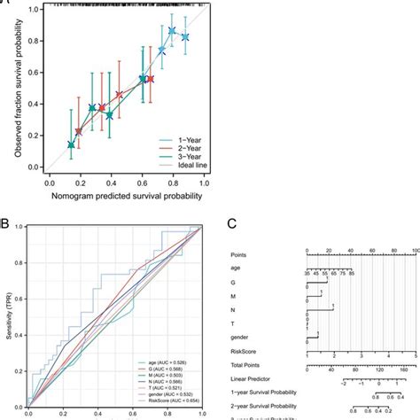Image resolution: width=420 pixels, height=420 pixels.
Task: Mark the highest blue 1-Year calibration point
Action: pyautogui.click(x=173, y=31)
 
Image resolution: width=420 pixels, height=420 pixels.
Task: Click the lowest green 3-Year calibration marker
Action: pyautogui.click(x=72, y=144)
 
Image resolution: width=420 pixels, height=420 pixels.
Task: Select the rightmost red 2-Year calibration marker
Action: pyautogui.click(x=151, y=80)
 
